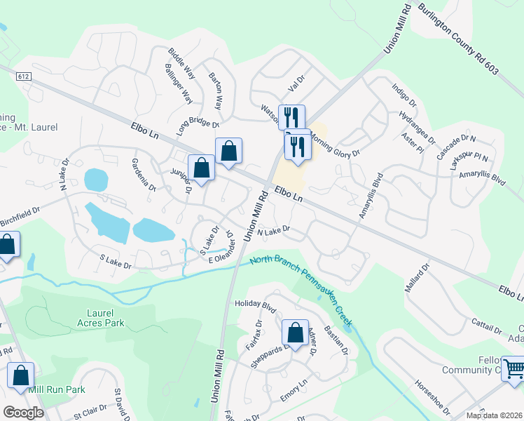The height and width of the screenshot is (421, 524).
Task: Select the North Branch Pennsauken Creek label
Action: point(301,287)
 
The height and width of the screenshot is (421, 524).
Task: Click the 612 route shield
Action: point(24,75)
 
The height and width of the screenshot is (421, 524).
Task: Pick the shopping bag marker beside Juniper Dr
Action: point(201,168)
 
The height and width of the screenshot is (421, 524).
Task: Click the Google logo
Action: point(24,413)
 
